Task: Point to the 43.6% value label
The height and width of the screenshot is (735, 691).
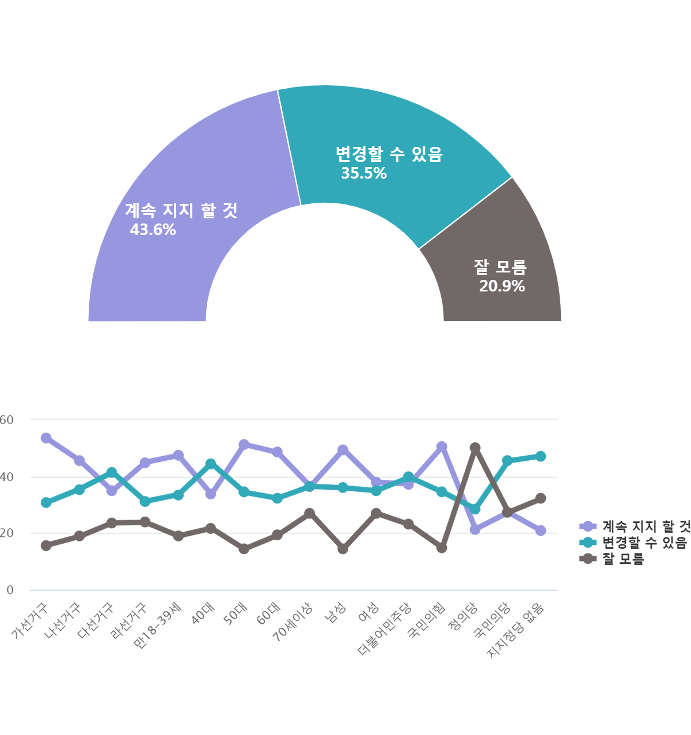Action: tap(153, 230)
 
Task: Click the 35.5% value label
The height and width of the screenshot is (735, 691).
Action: tap(364, 173)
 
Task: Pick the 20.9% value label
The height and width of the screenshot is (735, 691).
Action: tap(502, 286)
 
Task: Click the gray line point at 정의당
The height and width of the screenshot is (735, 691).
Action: tap(475, 448)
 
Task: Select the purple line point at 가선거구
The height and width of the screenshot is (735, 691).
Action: tap(46, 438)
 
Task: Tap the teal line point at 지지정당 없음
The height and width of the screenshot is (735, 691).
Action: tap(541, 456)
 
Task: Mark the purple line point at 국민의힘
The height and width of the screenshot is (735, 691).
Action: tap(442, 446)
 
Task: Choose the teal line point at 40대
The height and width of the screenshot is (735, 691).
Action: tap(211, 464)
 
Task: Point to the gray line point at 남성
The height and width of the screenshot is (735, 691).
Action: tap(343, 549)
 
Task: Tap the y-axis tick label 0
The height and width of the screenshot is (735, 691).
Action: tap(10, 590)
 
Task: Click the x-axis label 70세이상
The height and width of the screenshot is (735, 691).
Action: tap(294, 621)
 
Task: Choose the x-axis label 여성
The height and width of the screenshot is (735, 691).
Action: tap(369, 612)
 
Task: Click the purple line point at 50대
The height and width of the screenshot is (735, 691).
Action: tap(244, 444)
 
